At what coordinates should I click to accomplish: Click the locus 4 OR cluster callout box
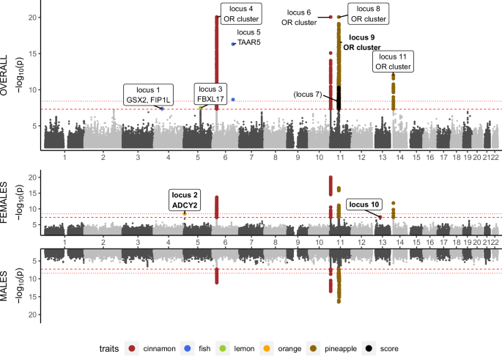[239, 14]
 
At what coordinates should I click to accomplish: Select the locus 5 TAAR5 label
[249, 37]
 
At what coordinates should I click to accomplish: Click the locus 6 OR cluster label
[299, 17]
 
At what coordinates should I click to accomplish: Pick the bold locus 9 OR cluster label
[362, 42]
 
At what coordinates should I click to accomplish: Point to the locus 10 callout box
[364, 204]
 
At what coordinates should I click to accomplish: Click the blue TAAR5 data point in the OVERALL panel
[233, 44]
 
